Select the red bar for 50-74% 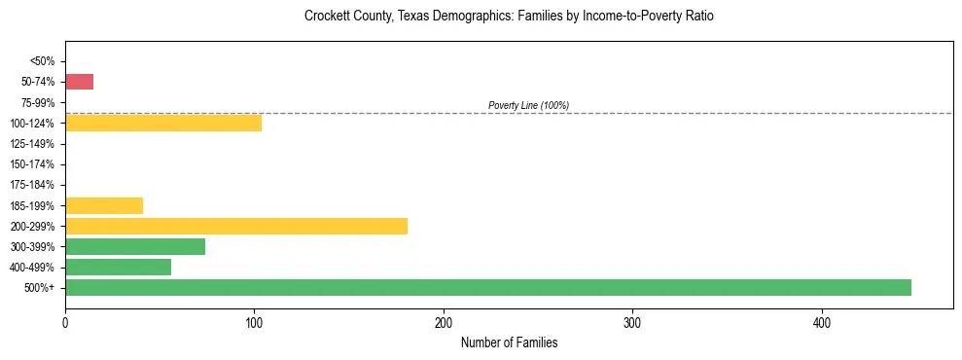80,82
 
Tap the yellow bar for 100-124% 163,123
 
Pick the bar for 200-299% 236,226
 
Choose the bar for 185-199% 104,205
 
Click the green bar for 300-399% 135,246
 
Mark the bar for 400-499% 119,267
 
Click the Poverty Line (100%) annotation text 528,105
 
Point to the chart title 509,17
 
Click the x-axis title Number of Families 509,342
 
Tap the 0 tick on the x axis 65,322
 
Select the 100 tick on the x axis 254,322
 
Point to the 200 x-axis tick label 444,322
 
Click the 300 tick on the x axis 632,322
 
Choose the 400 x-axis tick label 822,322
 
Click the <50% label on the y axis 42,61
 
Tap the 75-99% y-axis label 37,102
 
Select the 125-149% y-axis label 32,144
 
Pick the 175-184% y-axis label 32,185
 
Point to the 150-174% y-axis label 32,164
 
